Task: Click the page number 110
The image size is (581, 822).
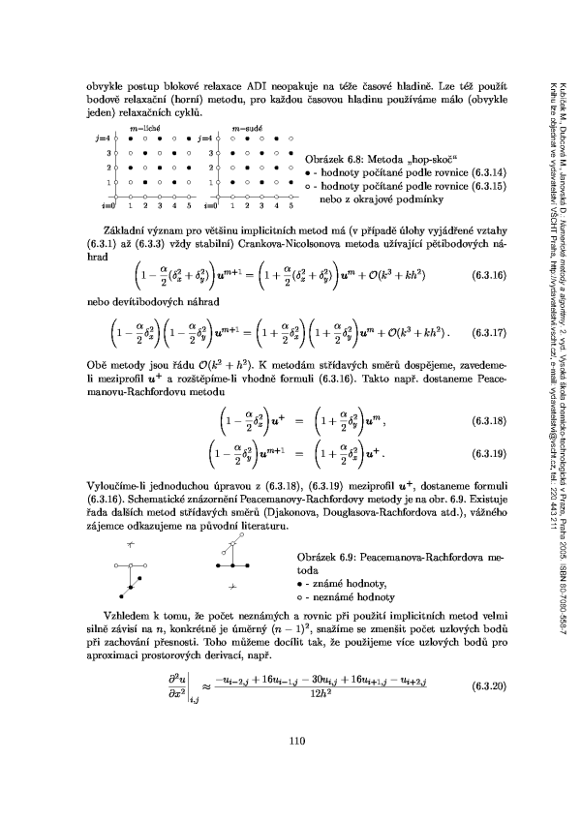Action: coord(298,769)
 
